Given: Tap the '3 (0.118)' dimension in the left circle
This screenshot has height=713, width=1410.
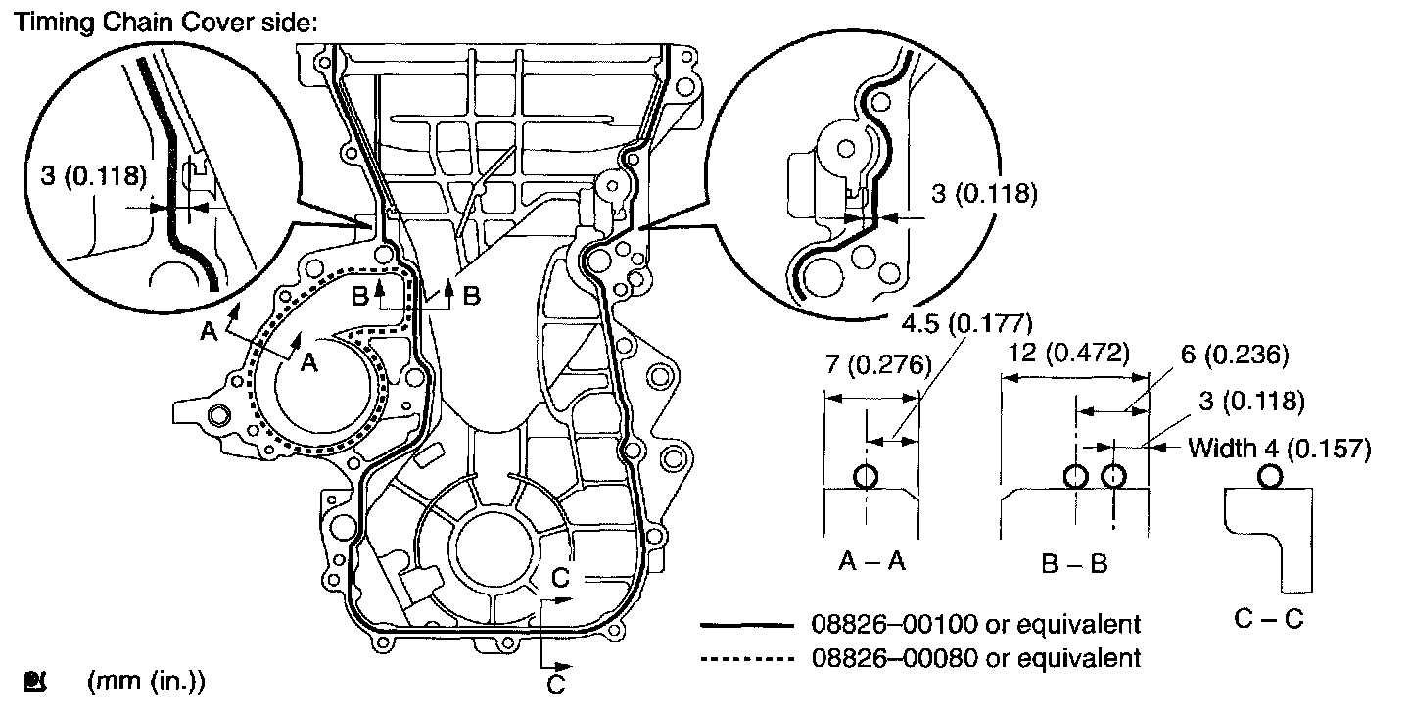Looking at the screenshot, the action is tap(94, 177).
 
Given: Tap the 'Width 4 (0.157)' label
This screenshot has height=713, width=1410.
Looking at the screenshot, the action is tap(1279, 449).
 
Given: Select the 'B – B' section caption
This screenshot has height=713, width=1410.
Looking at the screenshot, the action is tap(1074, 563).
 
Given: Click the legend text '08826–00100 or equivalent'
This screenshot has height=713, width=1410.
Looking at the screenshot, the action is tap(977, 624).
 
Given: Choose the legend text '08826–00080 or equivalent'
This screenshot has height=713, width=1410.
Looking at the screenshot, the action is tap(977, 656).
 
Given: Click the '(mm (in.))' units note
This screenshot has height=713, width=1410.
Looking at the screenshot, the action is tap(146, 682).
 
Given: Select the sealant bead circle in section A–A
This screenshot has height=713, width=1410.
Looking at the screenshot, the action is tap(866, 477).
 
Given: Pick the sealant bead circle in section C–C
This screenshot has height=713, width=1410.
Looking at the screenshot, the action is tap(1270, 476).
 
